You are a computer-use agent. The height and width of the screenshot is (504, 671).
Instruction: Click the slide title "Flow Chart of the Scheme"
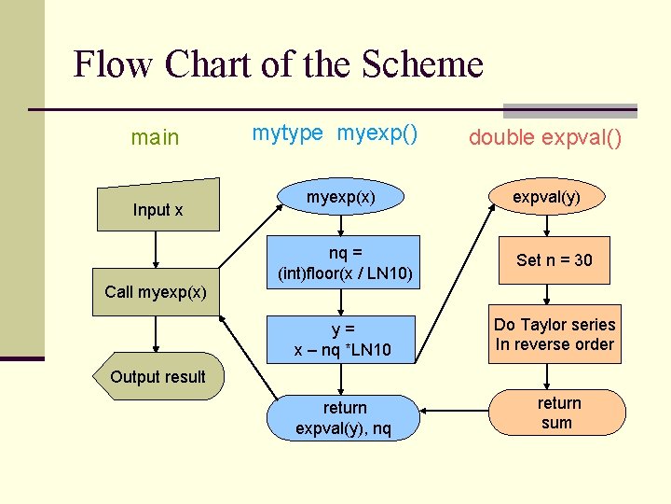click(278, 64)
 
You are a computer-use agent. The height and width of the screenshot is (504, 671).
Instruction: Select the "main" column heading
click(155, 138)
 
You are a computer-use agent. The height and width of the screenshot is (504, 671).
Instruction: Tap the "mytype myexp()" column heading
click(335, 133)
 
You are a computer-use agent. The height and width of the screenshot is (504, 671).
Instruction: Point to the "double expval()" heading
click(545, 138)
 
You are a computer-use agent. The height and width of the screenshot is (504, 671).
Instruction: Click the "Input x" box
click(157, 206)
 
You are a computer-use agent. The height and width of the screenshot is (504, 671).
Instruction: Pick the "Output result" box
click(157, 376)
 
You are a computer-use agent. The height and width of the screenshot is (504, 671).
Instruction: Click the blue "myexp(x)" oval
click(341, 198)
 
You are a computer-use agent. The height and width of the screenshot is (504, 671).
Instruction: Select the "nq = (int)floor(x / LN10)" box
click(346, 262)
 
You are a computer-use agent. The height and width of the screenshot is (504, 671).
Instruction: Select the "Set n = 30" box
click(554, 259)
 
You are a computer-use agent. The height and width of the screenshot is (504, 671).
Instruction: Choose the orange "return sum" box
click(556, 413)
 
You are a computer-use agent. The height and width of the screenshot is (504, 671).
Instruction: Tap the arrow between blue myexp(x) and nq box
click(342, 225)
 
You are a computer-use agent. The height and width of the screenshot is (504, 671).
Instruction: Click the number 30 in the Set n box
click(582, 260)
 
